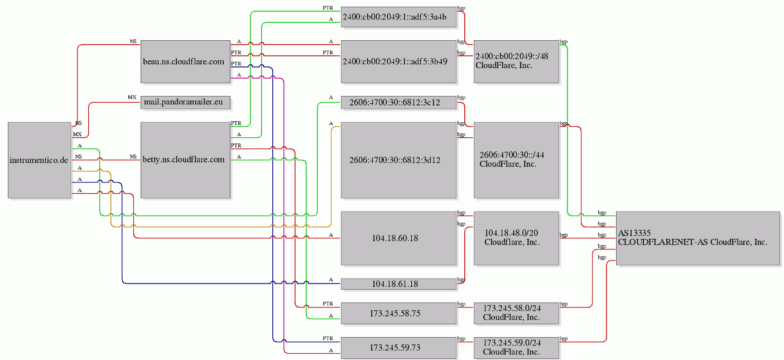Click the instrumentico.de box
click(x=40, y=160)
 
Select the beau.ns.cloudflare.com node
click(x=185, y=61)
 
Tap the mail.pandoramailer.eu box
click(x=185, y=102)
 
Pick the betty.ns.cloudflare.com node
click(x=185, y=160)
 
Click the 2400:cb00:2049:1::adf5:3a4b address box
click(x=398, y=17)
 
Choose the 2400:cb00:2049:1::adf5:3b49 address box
click(x=398, y=61)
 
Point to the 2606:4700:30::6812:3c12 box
click(x=398, y=102)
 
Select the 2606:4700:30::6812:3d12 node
click(x=398, y=160)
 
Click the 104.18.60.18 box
click(x=398, y=238)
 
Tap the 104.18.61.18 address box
click(x=398, y=284)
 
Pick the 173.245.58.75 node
click(x=398, y=313)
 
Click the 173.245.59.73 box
click(x=398, y=348)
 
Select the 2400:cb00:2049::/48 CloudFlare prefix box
click(x=516, y=61)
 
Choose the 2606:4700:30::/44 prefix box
click(x=516, y=160)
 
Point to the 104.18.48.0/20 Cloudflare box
click(x=516, y=238)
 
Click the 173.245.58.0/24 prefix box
click(x=516, y=313)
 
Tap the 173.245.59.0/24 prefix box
click(x=516, y=348)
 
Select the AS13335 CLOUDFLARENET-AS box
click(x=698, y=238)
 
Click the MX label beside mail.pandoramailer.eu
click(x=132, y=97)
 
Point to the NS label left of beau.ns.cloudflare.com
click(x=133, y=41)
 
